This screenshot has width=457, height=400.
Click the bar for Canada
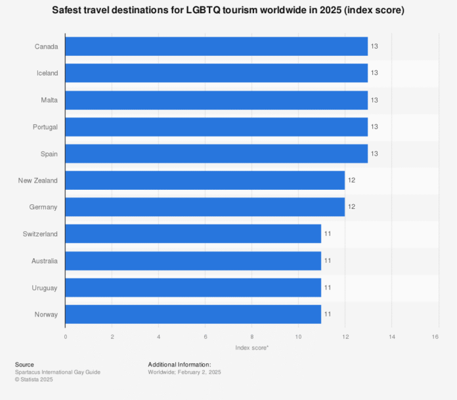click(x=217, y=46)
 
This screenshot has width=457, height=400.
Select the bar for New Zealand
click(x=205, y=180)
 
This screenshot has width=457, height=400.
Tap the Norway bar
click(x=193, y=314)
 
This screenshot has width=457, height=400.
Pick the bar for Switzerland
click(x=193, y=234)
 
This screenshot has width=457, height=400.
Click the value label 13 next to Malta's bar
click(x=374, y=100)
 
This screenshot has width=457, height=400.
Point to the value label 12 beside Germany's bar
click(x=351, y=207)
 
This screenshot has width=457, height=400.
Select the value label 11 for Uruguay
click(x=328, y=288)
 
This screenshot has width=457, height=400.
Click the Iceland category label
click(x=47, y=73)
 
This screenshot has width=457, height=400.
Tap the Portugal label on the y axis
click(x=44, y=127)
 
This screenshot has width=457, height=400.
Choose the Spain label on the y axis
click(x=49, y=154)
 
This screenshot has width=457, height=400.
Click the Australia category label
click(x=44, y=261)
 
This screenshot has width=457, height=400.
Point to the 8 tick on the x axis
click(x=252, y=337)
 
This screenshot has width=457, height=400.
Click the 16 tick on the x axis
click(x=435, y=337)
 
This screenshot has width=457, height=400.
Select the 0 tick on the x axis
click(x=66, y=337)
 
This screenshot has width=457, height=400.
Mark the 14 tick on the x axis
click(x=392, y=337)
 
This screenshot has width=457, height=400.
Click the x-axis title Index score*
click(x=251, y=347)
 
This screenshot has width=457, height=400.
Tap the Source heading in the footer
click(x=24, y=365)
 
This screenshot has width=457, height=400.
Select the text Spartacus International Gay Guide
click(x=58, y=372)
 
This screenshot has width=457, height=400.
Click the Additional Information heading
click(x=179, y=365)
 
